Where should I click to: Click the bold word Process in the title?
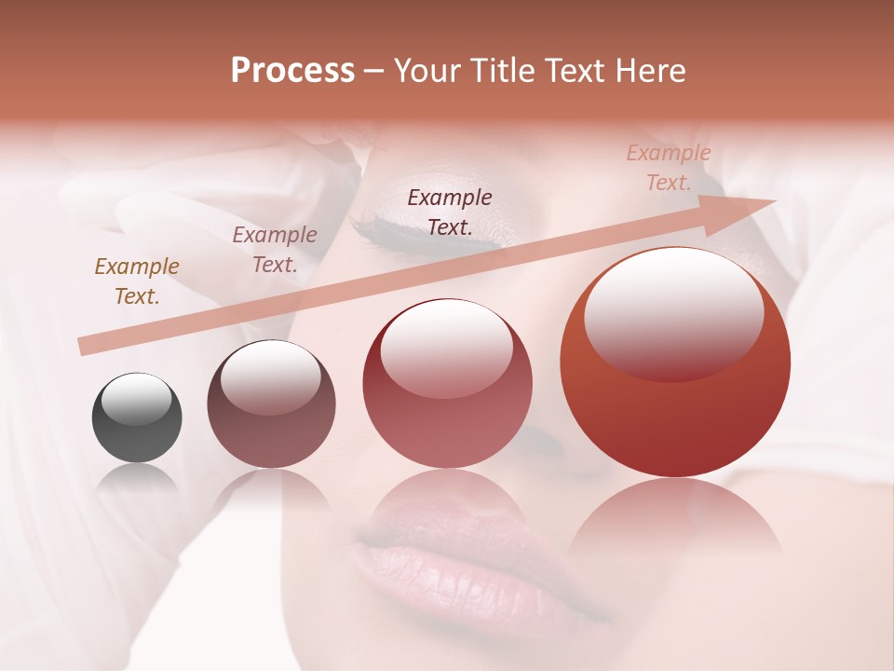click(x=292, y=71)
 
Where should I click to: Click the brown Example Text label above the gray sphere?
click(x=137, y=281)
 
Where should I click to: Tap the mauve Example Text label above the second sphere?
click(x=275, y=250)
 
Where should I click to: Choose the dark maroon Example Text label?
click(x=450, y=212)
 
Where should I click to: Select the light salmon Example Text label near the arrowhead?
click(x=669, y=168)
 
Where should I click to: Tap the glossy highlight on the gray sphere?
click(x=137, y=399)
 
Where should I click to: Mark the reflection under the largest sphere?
click(x=675, y=522)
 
